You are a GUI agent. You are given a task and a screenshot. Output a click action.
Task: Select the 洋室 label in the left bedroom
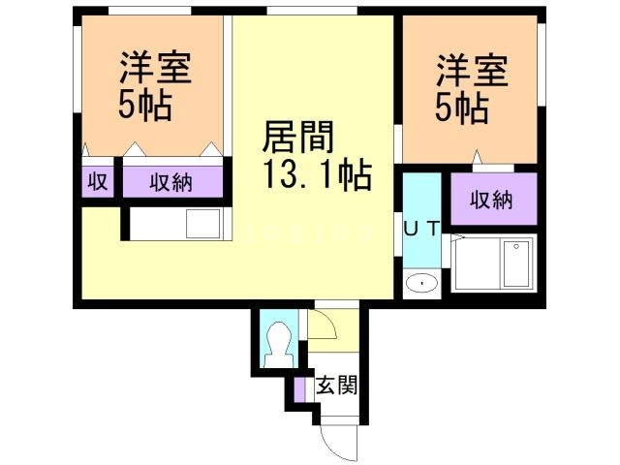[155, 69]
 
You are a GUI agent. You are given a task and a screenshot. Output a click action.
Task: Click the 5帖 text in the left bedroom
[146, 106]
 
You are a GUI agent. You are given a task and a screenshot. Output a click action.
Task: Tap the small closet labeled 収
[98, 181]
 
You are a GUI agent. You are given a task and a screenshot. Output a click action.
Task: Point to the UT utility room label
[421, 229]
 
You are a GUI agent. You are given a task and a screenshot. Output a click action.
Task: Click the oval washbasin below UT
[421, 283]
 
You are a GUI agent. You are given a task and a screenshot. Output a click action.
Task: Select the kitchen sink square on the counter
[204, 225]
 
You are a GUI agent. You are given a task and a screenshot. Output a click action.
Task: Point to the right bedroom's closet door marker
[476, 156]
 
